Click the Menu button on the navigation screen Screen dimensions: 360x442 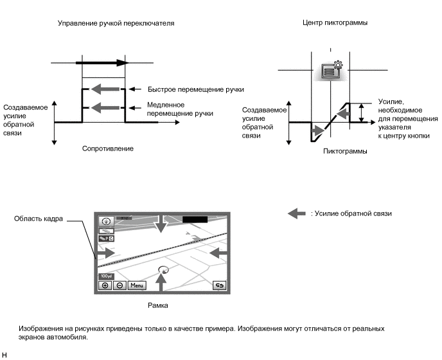(x=136, y=285)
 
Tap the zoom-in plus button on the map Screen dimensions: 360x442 (x=105, y=285)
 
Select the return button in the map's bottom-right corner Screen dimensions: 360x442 (x=220, y=285)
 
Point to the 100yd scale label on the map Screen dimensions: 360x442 (x=105, y=276)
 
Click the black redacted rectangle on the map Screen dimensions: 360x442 (x=195, y=219)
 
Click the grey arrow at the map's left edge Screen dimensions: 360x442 (x=106, y=254)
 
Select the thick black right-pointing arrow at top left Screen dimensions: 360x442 (x=102, y=63)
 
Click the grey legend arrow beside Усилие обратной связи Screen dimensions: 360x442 (x=296, y=213)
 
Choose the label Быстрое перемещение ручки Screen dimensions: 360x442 (x=195, y=89)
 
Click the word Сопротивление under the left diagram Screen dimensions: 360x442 (x=108, y=148)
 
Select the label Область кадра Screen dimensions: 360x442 (x=39, y=219)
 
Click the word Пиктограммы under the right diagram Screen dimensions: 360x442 (x=346, y=152)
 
